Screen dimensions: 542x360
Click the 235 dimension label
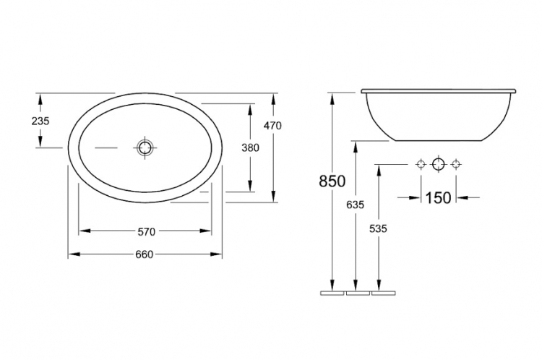coord(40,121)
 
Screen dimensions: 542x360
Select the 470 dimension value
coord(272,126)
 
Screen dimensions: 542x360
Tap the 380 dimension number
coord(250,147)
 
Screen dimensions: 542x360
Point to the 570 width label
coord(147,232)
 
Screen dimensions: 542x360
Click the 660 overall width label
coord(144,254)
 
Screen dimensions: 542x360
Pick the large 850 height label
coord(332,181)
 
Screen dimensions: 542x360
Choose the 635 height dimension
coord(356,205)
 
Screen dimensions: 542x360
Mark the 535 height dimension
coord(378,228)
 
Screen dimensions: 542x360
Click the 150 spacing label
coord(438,198)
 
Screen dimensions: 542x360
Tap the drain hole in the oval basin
coord(145,147)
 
